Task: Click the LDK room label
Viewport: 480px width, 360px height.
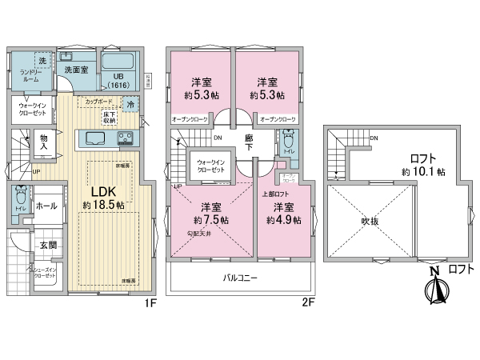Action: click(x=102, y=192)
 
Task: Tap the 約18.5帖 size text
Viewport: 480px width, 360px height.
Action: click(x=103, y=206)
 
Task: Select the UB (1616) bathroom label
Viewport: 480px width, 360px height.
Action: click(x=119, y=80)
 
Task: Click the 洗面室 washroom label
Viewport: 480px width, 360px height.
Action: click(x=77, y=70)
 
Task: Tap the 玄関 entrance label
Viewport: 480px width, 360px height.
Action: click(x=48, y=246)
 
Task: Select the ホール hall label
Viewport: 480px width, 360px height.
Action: click(x=47, y=206)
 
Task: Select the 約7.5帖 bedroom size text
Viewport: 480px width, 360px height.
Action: click(x=210, y=219)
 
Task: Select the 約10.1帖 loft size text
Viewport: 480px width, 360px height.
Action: click(x=423, y=171)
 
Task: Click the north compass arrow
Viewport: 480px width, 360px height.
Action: click(x=435, y=286)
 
